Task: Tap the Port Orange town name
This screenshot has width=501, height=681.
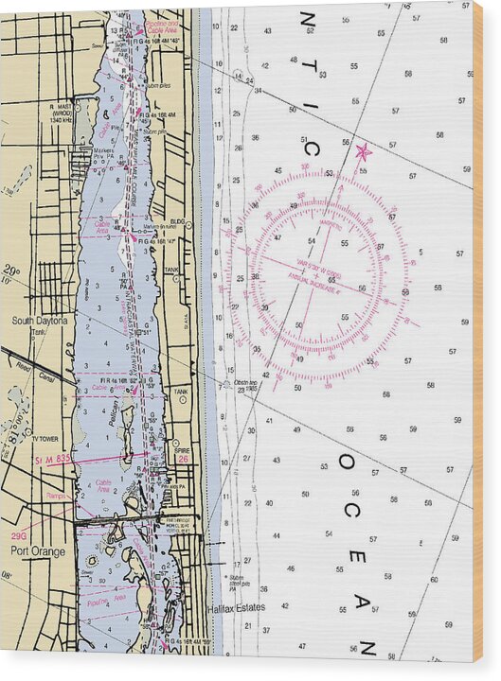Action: pyautogui.click(x=38, y=551)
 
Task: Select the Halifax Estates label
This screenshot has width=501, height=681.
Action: pyautogui.click(x=237, y=607)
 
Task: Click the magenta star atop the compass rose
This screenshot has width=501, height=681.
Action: pyautogui.click(x=362, y=150)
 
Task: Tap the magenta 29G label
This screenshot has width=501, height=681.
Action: pyautogui.click(x=19, y=536)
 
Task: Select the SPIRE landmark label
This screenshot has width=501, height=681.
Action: pyautogui.click(x=182, y=451)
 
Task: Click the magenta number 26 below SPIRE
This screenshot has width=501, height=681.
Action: pyautogui.click(x=184, y=461)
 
